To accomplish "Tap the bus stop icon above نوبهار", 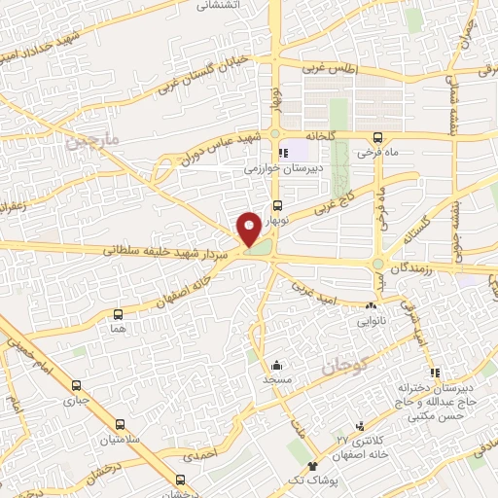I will (277, 205).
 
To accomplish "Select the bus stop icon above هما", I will (119, 314).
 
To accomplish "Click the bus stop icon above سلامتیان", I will (120, 425).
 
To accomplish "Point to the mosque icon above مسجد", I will (278, 364).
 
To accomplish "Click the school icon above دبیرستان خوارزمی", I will (283, 153).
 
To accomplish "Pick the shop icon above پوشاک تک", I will (312, 467).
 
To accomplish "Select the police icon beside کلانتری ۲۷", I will (362, 426).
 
